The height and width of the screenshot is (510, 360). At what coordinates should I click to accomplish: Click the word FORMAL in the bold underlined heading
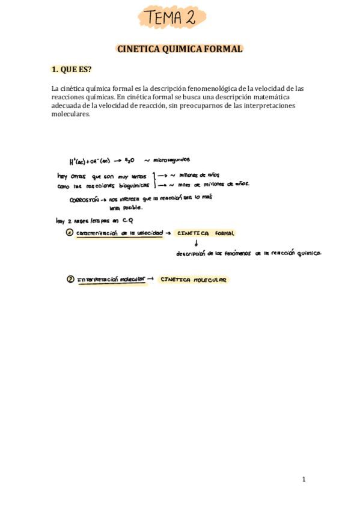point(222,49)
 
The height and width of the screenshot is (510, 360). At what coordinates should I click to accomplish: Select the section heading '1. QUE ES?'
point(72,69)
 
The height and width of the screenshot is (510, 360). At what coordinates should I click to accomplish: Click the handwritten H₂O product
point(129,161)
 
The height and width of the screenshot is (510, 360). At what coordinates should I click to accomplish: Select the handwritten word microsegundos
point(171,160)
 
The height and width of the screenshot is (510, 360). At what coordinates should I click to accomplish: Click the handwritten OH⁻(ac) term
point(99,161)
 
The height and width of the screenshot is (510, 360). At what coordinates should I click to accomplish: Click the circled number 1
point(70,233)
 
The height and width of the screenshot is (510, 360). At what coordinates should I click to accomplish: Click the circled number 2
point(70,279)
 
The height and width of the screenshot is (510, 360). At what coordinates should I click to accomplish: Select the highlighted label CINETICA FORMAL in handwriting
point(206,233)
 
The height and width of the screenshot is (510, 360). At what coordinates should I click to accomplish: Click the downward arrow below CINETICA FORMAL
point(198,244)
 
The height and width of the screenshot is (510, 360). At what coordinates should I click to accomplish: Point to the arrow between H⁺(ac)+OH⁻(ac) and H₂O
point(117,161)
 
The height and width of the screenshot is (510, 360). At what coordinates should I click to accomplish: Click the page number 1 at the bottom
point(304,479)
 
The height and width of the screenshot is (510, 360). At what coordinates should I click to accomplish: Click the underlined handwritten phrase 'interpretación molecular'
point(112,280)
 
